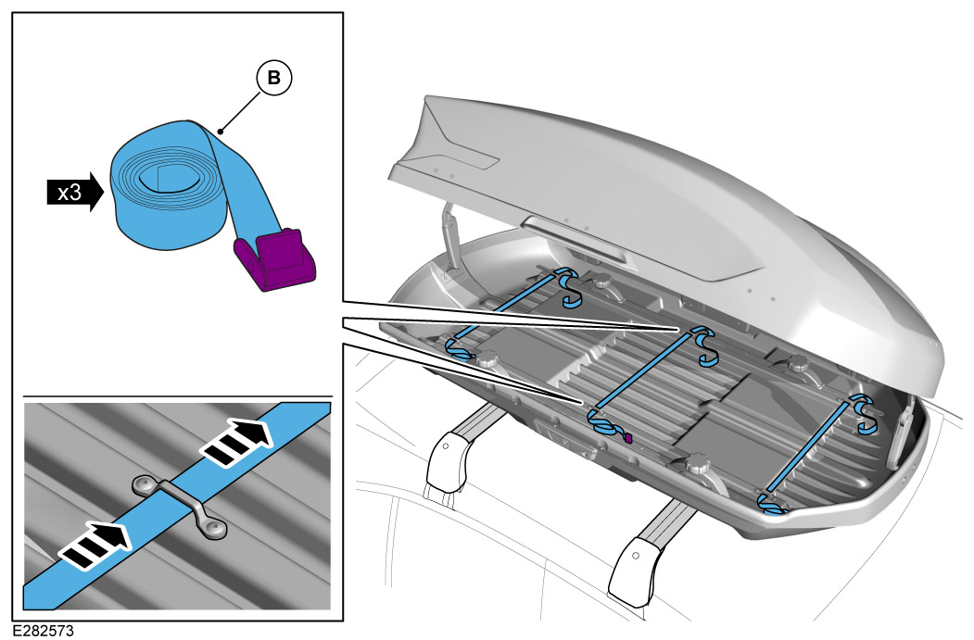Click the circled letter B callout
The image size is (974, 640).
[x=273, y=80]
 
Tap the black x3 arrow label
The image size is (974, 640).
[x=72, y=193]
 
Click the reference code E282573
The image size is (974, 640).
[x=44, y=631]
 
